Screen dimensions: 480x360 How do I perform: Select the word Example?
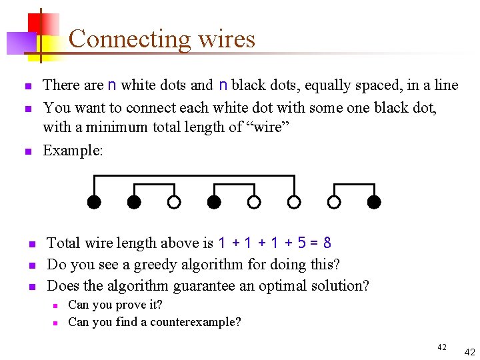click(73, 151)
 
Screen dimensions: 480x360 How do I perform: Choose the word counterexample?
click(199, 322)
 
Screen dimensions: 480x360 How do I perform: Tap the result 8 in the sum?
click(327, 243)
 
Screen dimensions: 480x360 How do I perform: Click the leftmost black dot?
click(94, 201)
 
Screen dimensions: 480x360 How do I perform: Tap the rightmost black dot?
click(374, 201)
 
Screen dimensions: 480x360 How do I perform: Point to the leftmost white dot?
click(173, 201)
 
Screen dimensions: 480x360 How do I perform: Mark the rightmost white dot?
click(334, 201)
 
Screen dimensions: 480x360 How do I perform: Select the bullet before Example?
click(27, 152)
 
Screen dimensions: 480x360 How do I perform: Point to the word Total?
click(63, 243)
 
